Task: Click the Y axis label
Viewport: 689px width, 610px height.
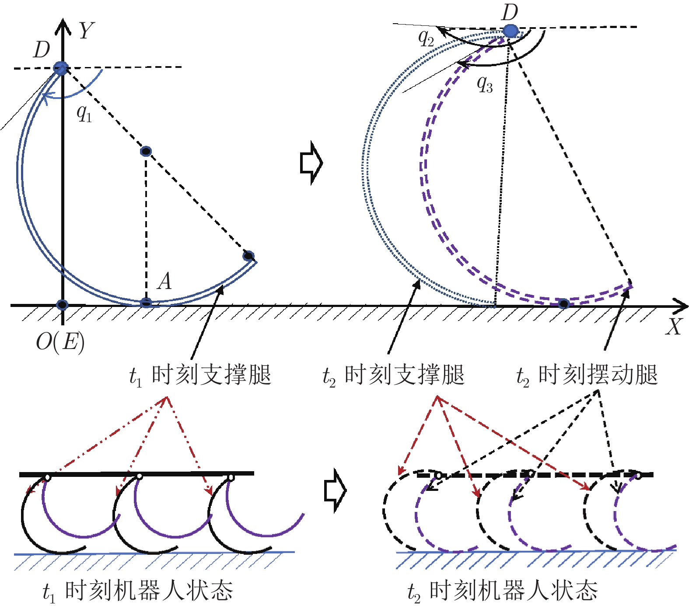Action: [86, 31]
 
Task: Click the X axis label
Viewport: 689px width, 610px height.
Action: [674, 327]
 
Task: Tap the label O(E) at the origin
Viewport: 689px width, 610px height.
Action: [60, 342]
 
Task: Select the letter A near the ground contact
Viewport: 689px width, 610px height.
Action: [164, 281]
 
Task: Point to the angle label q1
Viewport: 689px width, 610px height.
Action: [84, 113]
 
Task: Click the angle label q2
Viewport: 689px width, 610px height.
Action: [426, 39]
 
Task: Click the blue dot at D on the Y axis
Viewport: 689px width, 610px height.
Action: [61, 68]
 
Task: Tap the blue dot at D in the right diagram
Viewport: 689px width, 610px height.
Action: [511, 31]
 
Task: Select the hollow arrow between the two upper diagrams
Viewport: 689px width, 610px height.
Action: [311, 162]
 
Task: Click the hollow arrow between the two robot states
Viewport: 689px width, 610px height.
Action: [335, 490]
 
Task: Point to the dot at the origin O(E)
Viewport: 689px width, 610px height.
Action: [63, 305]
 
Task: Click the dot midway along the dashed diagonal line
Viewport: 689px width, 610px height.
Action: [146, 152]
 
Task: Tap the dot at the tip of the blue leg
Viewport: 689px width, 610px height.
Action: [248, 256]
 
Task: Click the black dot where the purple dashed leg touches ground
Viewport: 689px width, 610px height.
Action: [563, 303]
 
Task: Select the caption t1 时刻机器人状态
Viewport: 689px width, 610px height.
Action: [138, 591]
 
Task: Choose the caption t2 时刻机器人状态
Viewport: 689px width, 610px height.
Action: [502, 591]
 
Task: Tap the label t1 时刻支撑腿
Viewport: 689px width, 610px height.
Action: [200, 376]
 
